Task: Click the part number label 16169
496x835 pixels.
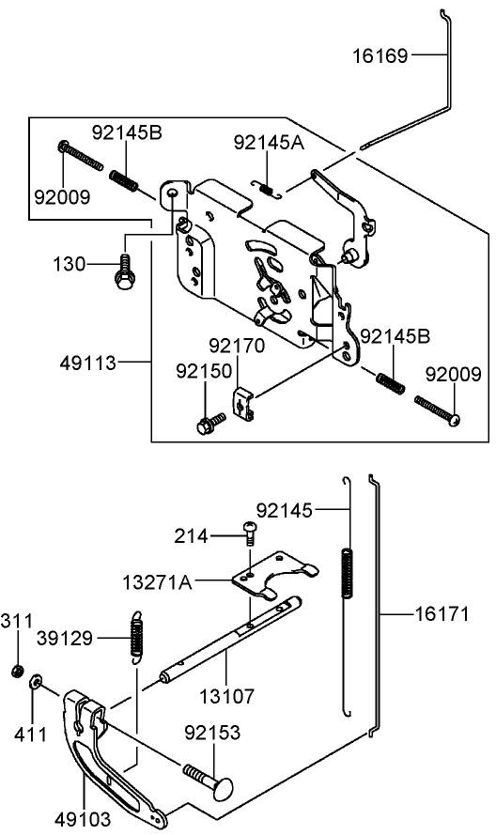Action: tap(380, 56)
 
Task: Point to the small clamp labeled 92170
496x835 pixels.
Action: tap(242, 405)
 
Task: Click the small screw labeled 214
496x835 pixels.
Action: tap(249, 533)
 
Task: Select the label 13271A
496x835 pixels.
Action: tap(157, 583)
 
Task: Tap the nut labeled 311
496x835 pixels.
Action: tap(18, 671)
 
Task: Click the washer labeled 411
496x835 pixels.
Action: tap(36, 682)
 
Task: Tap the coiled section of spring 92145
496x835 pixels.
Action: tap(349, 572)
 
